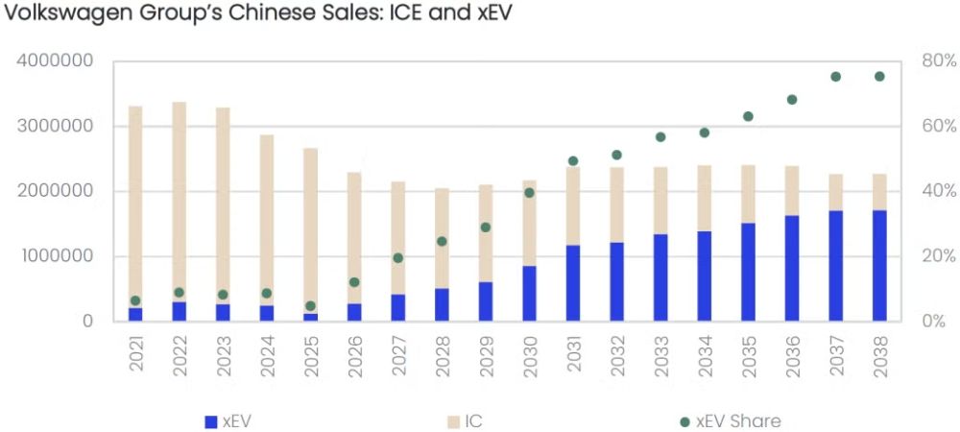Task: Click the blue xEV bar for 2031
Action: [573, 282]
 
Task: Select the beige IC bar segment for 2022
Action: [179, 202]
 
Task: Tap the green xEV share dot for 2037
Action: [836, 77]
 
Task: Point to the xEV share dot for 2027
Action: [398, 258]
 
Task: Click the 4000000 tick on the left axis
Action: [57, 61]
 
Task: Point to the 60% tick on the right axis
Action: [939, 127]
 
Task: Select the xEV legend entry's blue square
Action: [211, 421]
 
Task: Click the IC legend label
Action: [473, 421]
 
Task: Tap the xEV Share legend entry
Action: [731, 421]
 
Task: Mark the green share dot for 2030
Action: [530, 193]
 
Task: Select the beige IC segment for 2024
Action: [266, 220]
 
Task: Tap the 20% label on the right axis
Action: [939, 256]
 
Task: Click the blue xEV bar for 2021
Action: [135, 315]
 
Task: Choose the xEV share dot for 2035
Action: [748, 116]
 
